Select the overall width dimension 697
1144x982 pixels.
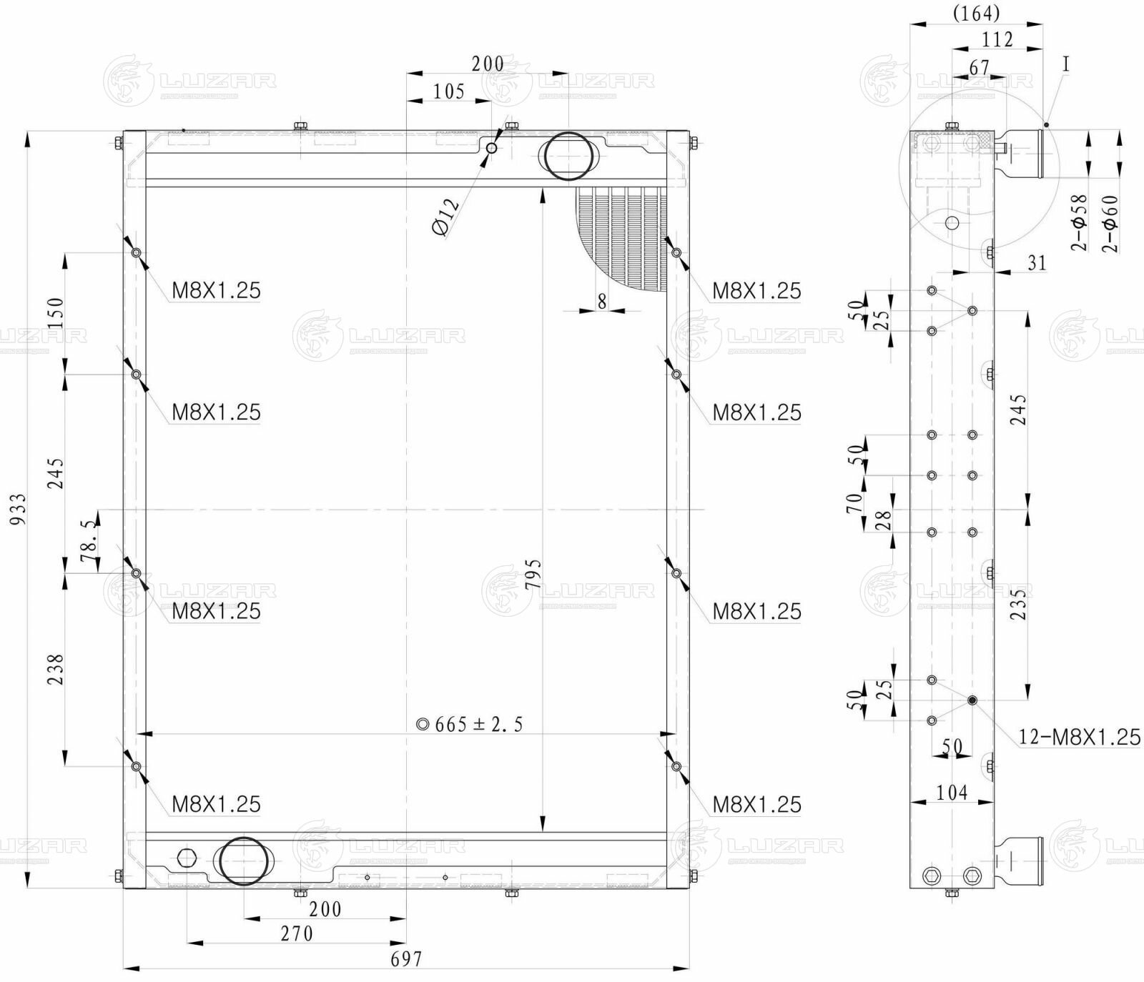(406, 958)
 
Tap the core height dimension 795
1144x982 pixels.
(533, 575)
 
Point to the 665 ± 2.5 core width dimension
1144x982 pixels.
(471, 725)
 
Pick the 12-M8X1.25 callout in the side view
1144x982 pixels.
(1079, 737)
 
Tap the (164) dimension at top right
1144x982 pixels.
(976, 13)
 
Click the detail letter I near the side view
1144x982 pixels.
(1065, 64)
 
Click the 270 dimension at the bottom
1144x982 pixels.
(297, 933)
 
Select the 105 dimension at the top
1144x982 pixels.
(449, 91)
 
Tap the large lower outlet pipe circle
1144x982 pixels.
(245, 861)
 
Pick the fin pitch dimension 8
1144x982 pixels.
(601, 302)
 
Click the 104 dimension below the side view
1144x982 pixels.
(952, 792)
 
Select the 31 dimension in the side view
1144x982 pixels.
(1036, 263)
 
